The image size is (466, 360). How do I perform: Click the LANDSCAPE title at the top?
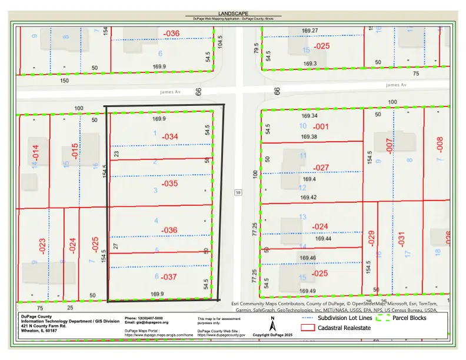tap(233, 13)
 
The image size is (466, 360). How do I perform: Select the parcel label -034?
tap(169, 137)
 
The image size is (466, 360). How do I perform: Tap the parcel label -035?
tap(169, 184)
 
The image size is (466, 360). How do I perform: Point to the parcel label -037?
tap(169, 276)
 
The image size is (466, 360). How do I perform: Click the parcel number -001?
tap(321, 126)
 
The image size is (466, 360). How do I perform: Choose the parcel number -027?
tap(321, 168)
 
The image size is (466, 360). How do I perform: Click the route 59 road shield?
tap(238, 192)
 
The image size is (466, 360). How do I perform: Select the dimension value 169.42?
tap(308, 198)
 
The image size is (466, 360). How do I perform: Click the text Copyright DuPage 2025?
tap(272, 335)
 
